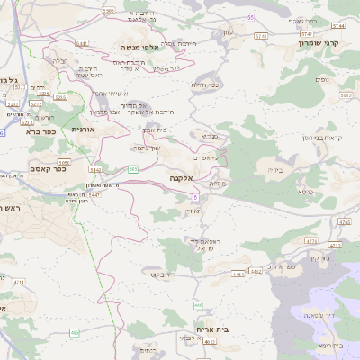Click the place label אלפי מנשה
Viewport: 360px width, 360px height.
(x=143, y=46)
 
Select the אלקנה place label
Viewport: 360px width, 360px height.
(x=182, y=179)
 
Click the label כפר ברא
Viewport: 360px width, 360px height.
(x=41, y=131)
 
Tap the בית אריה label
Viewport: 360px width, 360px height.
(x=211, y=330)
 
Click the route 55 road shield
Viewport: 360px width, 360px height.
(x=250, y=16)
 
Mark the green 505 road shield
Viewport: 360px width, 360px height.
(x=133, y=168)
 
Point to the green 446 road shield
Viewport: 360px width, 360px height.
(x=198, y=306)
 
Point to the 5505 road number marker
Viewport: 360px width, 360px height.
(x=109, y=10)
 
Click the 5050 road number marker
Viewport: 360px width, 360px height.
(x=65, y=150)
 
